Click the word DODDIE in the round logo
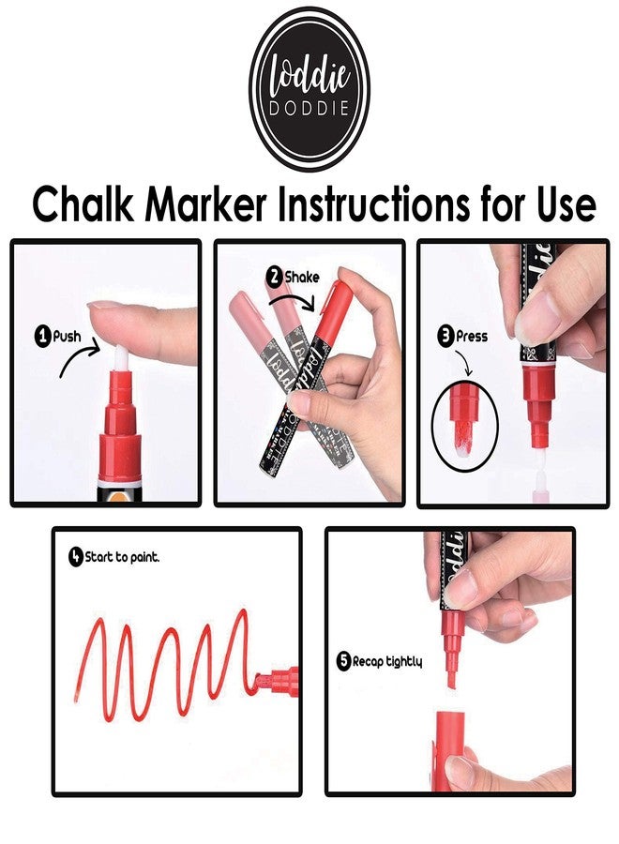tap(309, 108)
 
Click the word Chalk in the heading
tap(83, 204)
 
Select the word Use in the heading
tap(566, 205)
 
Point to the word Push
tap(67, 337)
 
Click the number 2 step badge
tap(275, 278)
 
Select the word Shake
tap(301, 278)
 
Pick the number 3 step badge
tap(445, 337)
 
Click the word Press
tap(472, 337)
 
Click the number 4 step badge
tap(76, 556)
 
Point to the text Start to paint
tap(122, 557)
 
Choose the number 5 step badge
tap(344, 661)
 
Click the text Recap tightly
tap(387, 661)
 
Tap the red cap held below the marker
tap(450, 750)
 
